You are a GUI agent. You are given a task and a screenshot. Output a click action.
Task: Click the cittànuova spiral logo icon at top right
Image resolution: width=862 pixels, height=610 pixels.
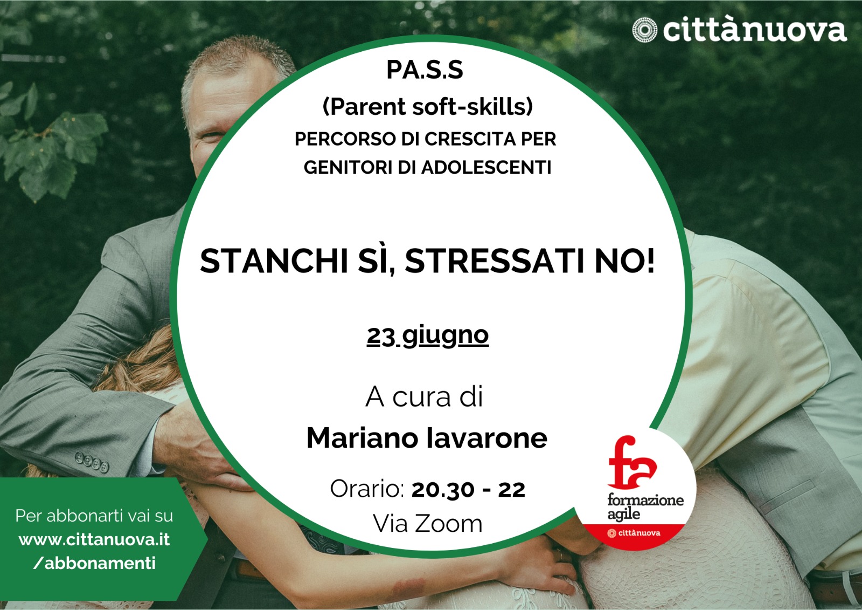645,30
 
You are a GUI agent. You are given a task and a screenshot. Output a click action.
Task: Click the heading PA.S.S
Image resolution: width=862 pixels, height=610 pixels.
425,70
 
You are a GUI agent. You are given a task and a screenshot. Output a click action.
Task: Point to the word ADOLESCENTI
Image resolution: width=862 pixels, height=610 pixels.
486,168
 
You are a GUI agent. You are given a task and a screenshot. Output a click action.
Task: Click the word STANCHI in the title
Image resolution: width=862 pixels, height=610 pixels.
274,261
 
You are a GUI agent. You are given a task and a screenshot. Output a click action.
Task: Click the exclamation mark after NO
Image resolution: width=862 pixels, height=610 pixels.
650,261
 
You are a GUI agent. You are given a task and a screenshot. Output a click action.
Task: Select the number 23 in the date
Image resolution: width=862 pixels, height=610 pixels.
381,337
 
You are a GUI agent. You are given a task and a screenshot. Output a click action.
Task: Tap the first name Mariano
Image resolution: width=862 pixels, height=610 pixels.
362,438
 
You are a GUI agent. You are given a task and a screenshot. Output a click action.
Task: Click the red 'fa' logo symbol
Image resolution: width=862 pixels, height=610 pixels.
631,462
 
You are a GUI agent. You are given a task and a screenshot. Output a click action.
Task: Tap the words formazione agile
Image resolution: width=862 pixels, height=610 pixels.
645,507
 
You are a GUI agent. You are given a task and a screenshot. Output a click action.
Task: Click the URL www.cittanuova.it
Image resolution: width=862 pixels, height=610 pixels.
94,539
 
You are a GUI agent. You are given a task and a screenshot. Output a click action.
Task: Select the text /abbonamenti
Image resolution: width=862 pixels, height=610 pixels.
94,564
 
